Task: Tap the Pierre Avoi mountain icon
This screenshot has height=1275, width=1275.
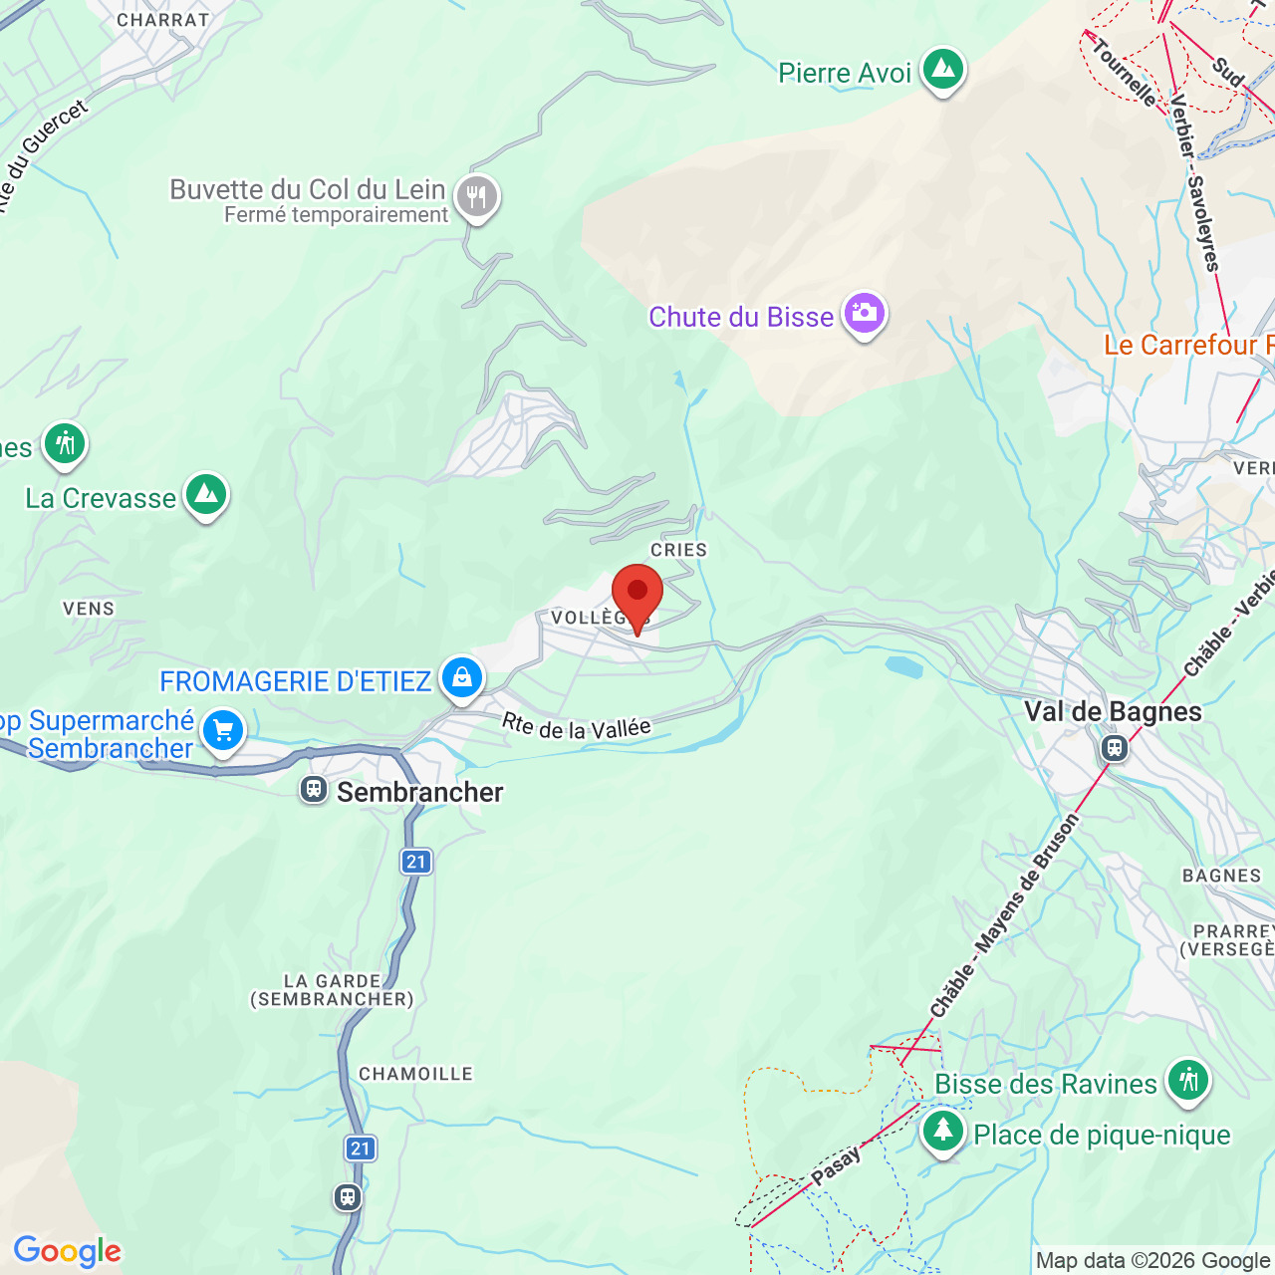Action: click(x=942, y=70)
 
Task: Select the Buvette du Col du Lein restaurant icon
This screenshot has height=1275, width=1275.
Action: click(x=476, y=197)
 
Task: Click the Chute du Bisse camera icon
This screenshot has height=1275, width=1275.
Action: click(x=864, y=314)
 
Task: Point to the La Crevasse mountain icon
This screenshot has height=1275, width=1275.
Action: click(x=206, y=494)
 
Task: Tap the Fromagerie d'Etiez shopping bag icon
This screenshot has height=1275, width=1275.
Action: click(x=461, y=678)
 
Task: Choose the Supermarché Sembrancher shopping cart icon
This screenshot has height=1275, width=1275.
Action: click(x=222, y=732)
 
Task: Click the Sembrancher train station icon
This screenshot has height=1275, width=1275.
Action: click(x=314, y=790)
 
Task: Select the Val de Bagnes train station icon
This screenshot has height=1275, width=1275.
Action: click(x=1115, y=747)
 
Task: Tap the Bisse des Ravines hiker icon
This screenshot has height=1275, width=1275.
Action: click(x=1187, y=1080)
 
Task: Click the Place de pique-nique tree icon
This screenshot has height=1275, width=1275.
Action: click(x=942, y=1132)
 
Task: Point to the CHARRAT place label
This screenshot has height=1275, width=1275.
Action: click(x=163, y=20)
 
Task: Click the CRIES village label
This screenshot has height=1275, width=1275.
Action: click(x=678, y=550)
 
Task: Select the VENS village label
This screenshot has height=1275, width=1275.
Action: click(x=89, y=609)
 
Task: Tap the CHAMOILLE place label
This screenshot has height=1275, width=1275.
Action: click(x=415, y=1074)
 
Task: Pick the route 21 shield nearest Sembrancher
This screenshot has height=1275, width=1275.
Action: click(x=416, y=862)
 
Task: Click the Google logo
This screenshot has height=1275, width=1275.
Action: click(x=67, y=1251)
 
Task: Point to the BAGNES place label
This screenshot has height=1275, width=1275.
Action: click(x=1221, y=876)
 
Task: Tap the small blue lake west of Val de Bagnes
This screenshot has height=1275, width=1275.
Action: click(x=903, y=665)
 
